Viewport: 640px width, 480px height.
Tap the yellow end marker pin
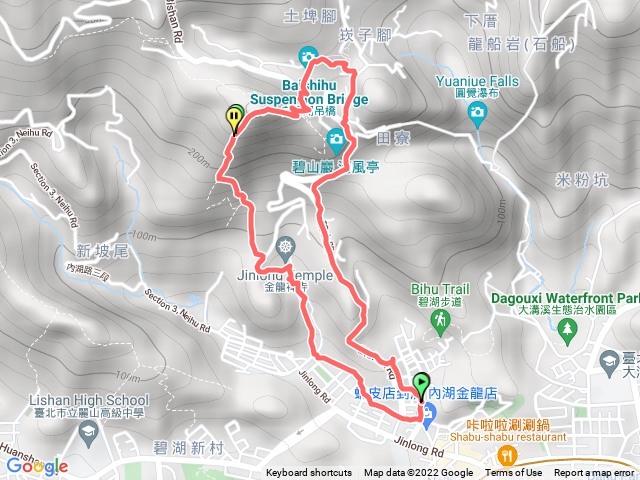coord(235,119)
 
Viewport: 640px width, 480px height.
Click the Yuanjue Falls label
coord(477,83)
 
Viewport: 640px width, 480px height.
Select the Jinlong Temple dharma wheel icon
coord(288,246)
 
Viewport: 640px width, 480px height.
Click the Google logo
coord(36,466)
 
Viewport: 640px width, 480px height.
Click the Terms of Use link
coord(514,473)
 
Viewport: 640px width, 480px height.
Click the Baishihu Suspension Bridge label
coord(299,93)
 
